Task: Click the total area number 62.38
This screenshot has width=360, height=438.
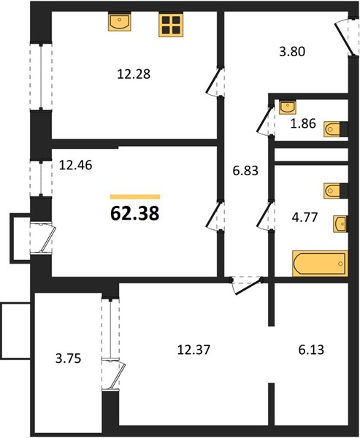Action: coord(134,214)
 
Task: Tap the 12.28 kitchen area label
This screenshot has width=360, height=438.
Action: coord(134,74)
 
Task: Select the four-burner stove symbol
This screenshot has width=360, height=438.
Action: coord(171,25)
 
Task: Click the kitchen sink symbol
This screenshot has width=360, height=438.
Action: coord(120,21)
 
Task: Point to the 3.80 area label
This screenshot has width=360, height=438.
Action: coord(292,52)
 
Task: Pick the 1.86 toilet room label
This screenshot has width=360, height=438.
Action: coord(303,123)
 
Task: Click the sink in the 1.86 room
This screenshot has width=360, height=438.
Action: coord(288,107)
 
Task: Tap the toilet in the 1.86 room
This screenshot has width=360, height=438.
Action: coord(336,129)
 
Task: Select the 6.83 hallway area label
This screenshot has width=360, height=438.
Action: coord(245,170)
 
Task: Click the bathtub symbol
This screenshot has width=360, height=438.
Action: coord(320,264)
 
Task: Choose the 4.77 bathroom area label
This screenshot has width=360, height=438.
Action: coord(305,217)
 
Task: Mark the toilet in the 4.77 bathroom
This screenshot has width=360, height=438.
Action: coord(336,191)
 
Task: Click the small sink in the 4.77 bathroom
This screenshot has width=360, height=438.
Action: coord(340,224)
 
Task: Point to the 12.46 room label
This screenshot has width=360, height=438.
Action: coord(76,166)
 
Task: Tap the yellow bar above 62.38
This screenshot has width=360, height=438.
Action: coord(135,197)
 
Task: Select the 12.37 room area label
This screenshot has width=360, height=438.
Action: coord(194,350)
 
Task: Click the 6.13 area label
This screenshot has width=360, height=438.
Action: coord(311,350)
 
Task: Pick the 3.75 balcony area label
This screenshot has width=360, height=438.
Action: coord(68,358)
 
